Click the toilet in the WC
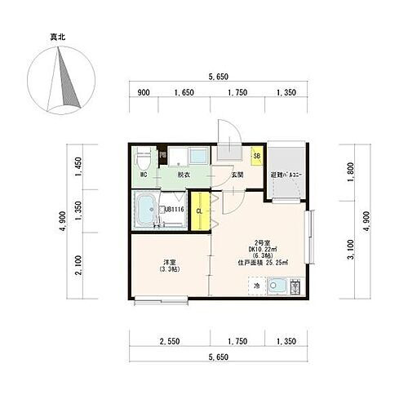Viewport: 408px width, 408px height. coord(144,157)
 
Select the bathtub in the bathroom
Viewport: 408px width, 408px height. coord(147,211)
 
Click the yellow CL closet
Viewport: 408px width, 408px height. coord(199,211)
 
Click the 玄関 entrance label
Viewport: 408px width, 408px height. coord(237,174)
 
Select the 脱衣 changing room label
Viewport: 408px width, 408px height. coord(184,174)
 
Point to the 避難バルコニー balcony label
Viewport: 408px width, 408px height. coord(285,175)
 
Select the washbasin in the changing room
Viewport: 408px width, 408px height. coord(197,155)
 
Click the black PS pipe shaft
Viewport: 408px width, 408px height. coord(162,155)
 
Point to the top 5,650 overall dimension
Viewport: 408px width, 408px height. coord(217,76)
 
